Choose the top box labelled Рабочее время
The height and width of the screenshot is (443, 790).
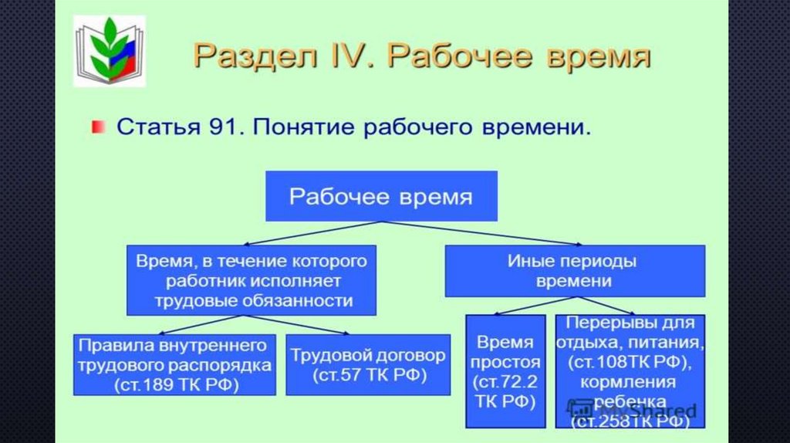[381, 196]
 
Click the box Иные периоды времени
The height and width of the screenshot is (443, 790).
[575, 271]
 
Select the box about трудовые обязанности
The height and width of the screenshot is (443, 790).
[251, 280]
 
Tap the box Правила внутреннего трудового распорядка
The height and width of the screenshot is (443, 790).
[174, 364]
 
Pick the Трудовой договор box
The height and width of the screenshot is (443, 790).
[368, 365]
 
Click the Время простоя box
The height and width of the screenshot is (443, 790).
[505, 370]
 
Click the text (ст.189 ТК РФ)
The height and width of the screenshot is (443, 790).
[175, 383]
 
